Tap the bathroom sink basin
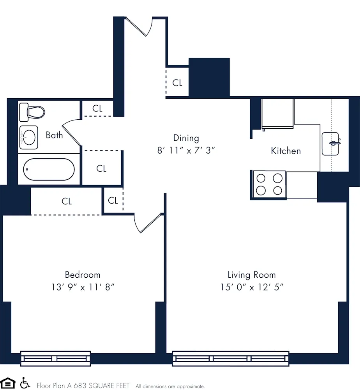pos(29,137)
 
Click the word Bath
pos(54,135)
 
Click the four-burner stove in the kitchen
pos(269,184)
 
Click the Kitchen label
pos(286,151)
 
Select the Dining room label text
pos(186,138)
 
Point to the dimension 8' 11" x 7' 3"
pos(186,151)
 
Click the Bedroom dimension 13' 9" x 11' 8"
pos(82,287)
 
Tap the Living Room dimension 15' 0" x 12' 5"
pos(251,287)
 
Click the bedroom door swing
pos(148,223)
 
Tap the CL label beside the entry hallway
pos(177,83)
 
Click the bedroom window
pos(55,358)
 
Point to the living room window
pos(231,358)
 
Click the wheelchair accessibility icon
pos(25,383)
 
